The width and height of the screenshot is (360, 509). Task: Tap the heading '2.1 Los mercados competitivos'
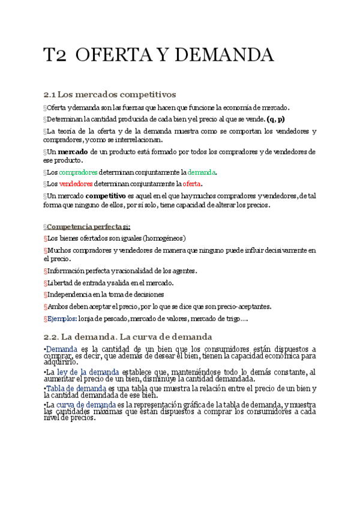109,94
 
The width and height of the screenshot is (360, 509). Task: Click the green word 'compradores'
78,172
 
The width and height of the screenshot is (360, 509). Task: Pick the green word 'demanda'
201,172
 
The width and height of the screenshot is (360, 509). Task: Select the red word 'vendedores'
76,184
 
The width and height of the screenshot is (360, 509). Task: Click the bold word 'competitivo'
106,196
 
